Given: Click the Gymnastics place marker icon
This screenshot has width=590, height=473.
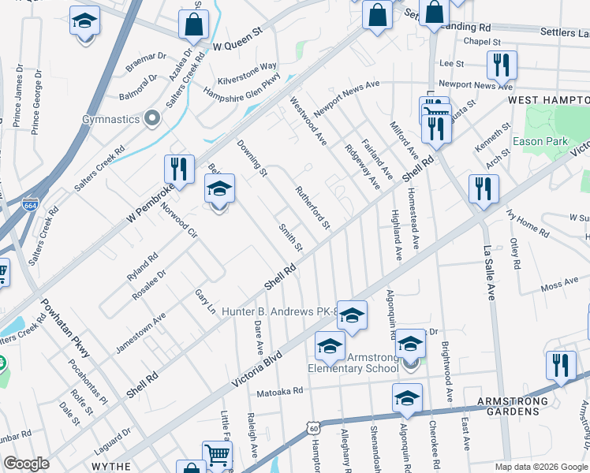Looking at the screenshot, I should (x=153, y=120).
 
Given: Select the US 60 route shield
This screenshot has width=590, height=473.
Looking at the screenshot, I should (x=314, y=427).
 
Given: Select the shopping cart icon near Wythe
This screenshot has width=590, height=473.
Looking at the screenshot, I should (x=217, y=454).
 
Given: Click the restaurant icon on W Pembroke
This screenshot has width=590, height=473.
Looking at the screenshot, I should (x=179, y=169).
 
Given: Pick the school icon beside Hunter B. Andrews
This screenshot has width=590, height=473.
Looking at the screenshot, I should (x=352, y=314).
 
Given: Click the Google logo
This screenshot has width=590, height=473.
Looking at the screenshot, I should (x=26, y=464).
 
